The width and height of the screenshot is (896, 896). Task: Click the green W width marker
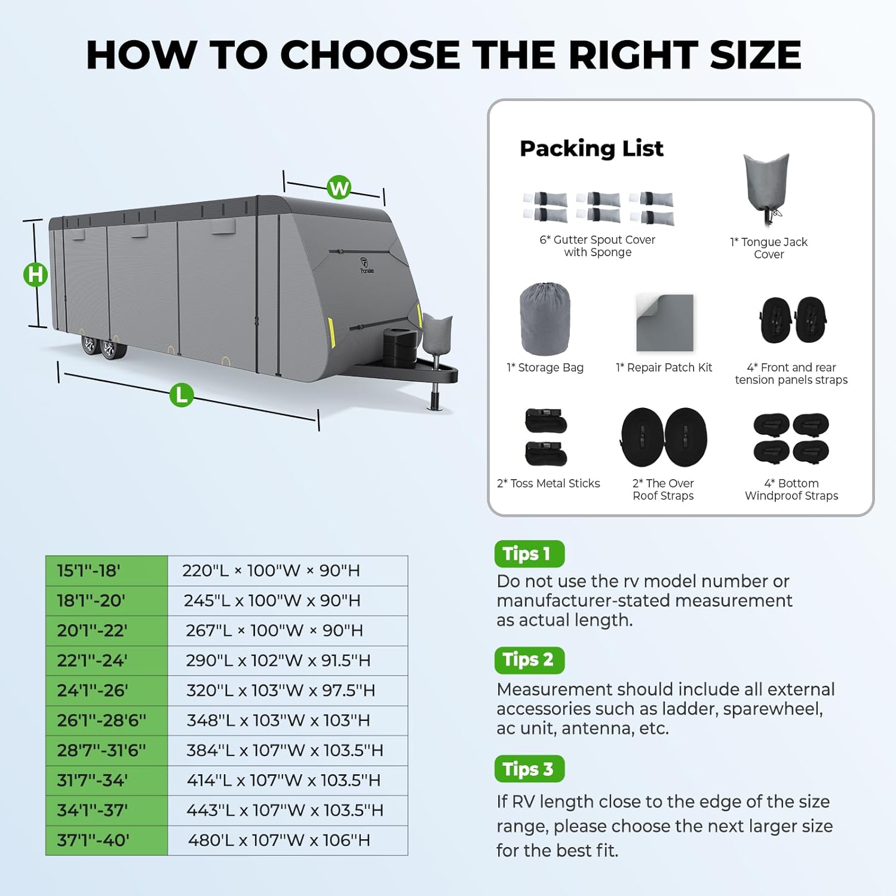339,188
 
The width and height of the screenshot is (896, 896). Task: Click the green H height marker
35,275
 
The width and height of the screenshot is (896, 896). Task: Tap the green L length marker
182,395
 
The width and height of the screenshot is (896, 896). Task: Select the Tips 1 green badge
529,554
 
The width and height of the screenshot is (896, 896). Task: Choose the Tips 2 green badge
529,660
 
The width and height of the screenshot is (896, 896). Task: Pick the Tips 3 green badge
529,769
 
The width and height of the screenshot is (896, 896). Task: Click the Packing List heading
591,149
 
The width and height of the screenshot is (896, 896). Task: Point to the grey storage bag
545,319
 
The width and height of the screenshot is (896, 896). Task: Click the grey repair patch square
665,323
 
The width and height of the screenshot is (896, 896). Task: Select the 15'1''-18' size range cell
107,571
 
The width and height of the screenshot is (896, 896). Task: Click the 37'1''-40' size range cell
107,840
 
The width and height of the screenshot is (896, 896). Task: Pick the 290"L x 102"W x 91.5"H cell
288,661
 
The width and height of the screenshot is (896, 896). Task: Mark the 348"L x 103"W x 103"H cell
288,720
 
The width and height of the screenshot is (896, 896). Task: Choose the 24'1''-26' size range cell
107,691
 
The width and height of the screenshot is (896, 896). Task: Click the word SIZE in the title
756,55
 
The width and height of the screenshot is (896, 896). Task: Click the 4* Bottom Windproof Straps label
791,490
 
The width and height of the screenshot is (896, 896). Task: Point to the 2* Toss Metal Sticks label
548,483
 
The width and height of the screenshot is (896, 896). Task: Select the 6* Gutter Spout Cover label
597,246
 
